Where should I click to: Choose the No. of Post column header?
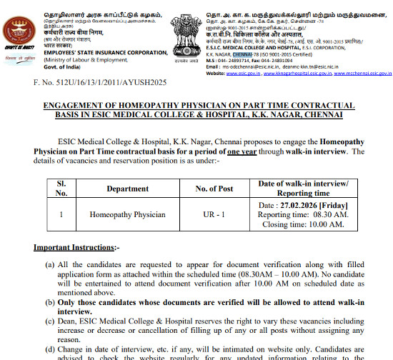pyautogui.click(x=214, y=189)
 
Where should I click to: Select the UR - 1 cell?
pyautogui.click(x=214, y=214)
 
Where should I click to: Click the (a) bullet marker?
pyautogui.click(x=51, y=264)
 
